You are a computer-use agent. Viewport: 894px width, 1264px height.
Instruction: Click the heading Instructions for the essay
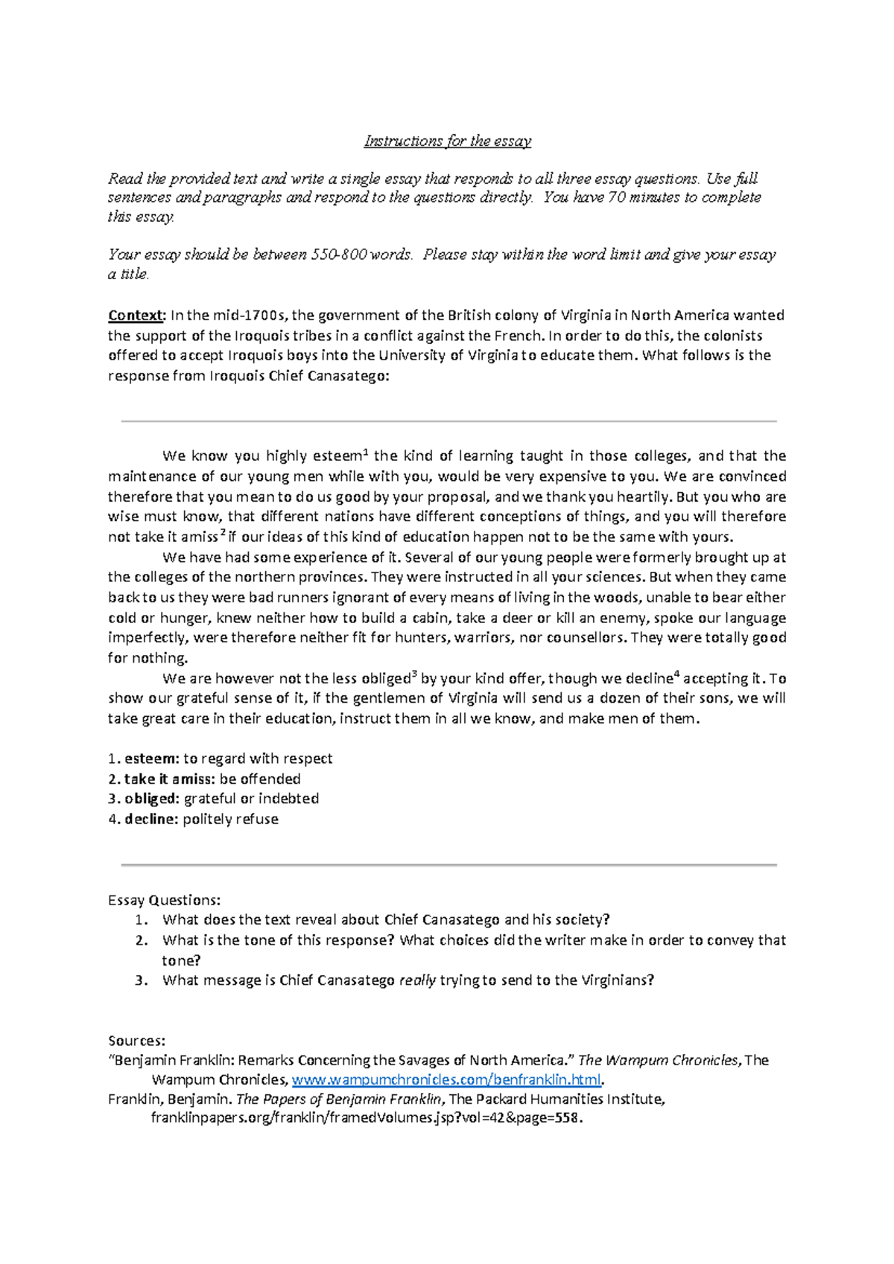[447, 141]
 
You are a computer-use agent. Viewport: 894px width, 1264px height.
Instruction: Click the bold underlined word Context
[135, 315]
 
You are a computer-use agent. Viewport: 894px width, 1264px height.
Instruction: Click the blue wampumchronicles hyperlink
[446, 1079]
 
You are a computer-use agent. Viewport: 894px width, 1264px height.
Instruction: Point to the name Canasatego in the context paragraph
[351, 376]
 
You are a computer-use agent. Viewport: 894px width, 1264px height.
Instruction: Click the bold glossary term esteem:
[151, 759]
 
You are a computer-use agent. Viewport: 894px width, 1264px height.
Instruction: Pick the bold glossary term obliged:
[151, 799]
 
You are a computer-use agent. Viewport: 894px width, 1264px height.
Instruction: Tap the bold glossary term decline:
[151, 819]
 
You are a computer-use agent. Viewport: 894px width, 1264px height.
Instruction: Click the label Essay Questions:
[164, 900]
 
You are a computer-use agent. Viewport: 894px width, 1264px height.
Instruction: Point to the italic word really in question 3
[417, 980]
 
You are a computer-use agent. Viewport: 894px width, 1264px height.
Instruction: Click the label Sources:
[136, 1041]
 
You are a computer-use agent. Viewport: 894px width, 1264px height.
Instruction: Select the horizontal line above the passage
[448, 421]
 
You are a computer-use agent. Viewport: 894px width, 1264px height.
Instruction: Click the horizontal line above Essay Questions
[448, 865]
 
